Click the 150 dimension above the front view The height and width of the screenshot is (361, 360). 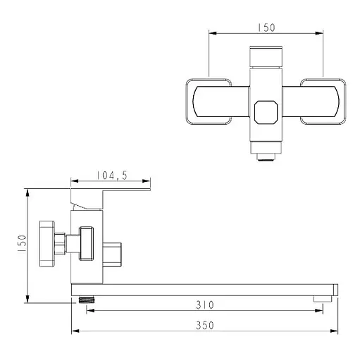click(x=266, y=27)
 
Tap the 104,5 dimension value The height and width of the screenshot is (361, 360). click(x=112, y=176)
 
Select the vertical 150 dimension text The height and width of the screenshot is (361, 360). click(x=22, y=243)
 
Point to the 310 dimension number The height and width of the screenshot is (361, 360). click(x=205, y=305)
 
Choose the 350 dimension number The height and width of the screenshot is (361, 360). click(x=205, y=325)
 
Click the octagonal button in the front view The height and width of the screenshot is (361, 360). click(x=266, y=112)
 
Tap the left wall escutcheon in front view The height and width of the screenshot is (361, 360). click(x=209, y=102)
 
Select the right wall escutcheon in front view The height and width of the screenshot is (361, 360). click(x=323, y=102)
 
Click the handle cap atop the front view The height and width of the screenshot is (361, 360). click(x=266, y=56)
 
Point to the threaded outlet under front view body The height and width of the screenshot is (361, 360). click(x=266, y=157)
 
